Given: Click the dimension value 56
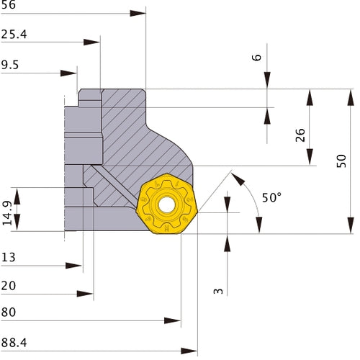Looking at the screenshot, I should tap(9, 5).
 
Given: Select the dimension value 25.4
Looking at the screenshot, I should tap(14, 34).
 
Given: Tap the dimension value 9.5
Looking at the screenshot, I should tap(11, 64).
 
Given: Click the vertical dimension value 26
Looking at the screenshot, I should tap(300, 135).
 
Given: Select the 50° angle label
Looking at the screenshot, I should tap(271, 197).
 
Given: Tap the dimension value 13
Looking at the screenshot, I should tap(9, 256).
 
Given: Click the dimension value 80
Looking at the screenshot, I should tap(9, 312).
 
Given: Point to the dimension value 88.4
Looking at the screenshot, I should tap(14, 343).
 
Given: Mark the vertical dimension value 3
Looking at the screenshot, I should tap(219, 291).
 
